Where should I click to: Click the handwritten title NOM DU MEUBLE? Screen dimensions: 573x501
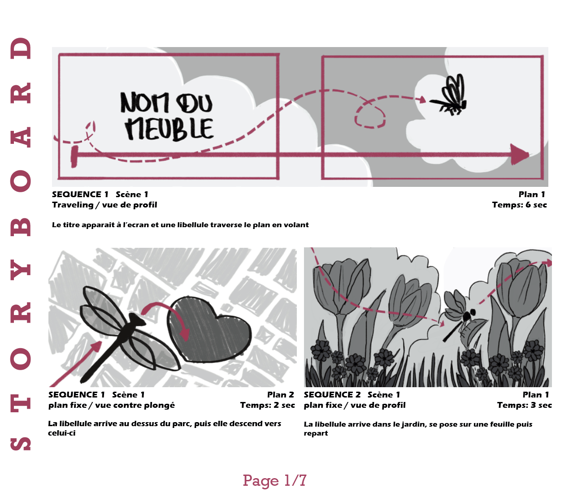pyautogui.click(x=167, y=116)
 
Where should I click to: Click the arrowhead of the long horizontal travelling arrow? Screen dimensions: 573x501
pyautogui.click(x=520, y=154)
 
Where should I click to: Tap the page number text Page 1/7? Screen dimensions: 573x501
pyautogui.click(x=274, y=480)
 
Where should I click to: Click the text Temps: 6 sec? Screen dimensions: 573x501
pyautogui.click(x=520, y=205)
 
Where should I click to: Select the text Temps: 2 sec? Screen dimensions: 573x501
pyautogui.click(x=268, y=405)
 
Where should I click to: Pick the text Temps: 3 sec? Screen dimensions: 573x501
pyautogui.click(x=524, y=405)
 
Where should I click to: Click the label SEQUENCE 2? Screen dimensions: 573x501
pyautogui.click(x=332, y=395)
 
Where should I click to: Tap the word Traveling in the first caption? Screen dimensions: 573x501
pyautogui.click(x=73, y=205)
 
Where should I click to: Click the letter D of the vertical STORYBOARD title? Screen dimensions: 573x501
pyautogui.click(x=21, y=48)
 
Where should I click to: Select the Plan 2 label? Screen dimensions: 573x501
pyautogui.click(x=280, y=395)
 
